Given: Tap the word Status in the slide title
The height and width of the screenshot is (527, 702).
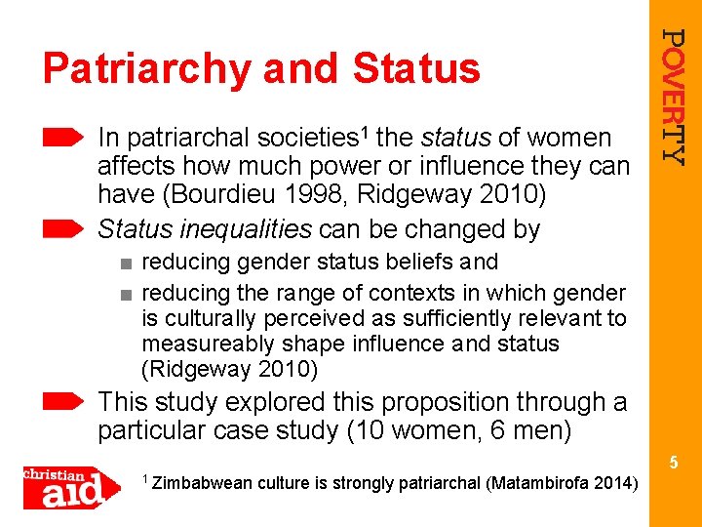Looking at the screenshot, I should [x=416, y=69].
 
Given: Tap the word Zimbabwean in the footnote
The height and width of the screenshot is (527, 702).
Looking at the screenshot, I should [x=204, y=484].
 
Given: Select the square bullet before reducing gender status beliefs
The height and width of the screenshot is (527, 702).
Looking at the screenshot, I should [x=127, y=263].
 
